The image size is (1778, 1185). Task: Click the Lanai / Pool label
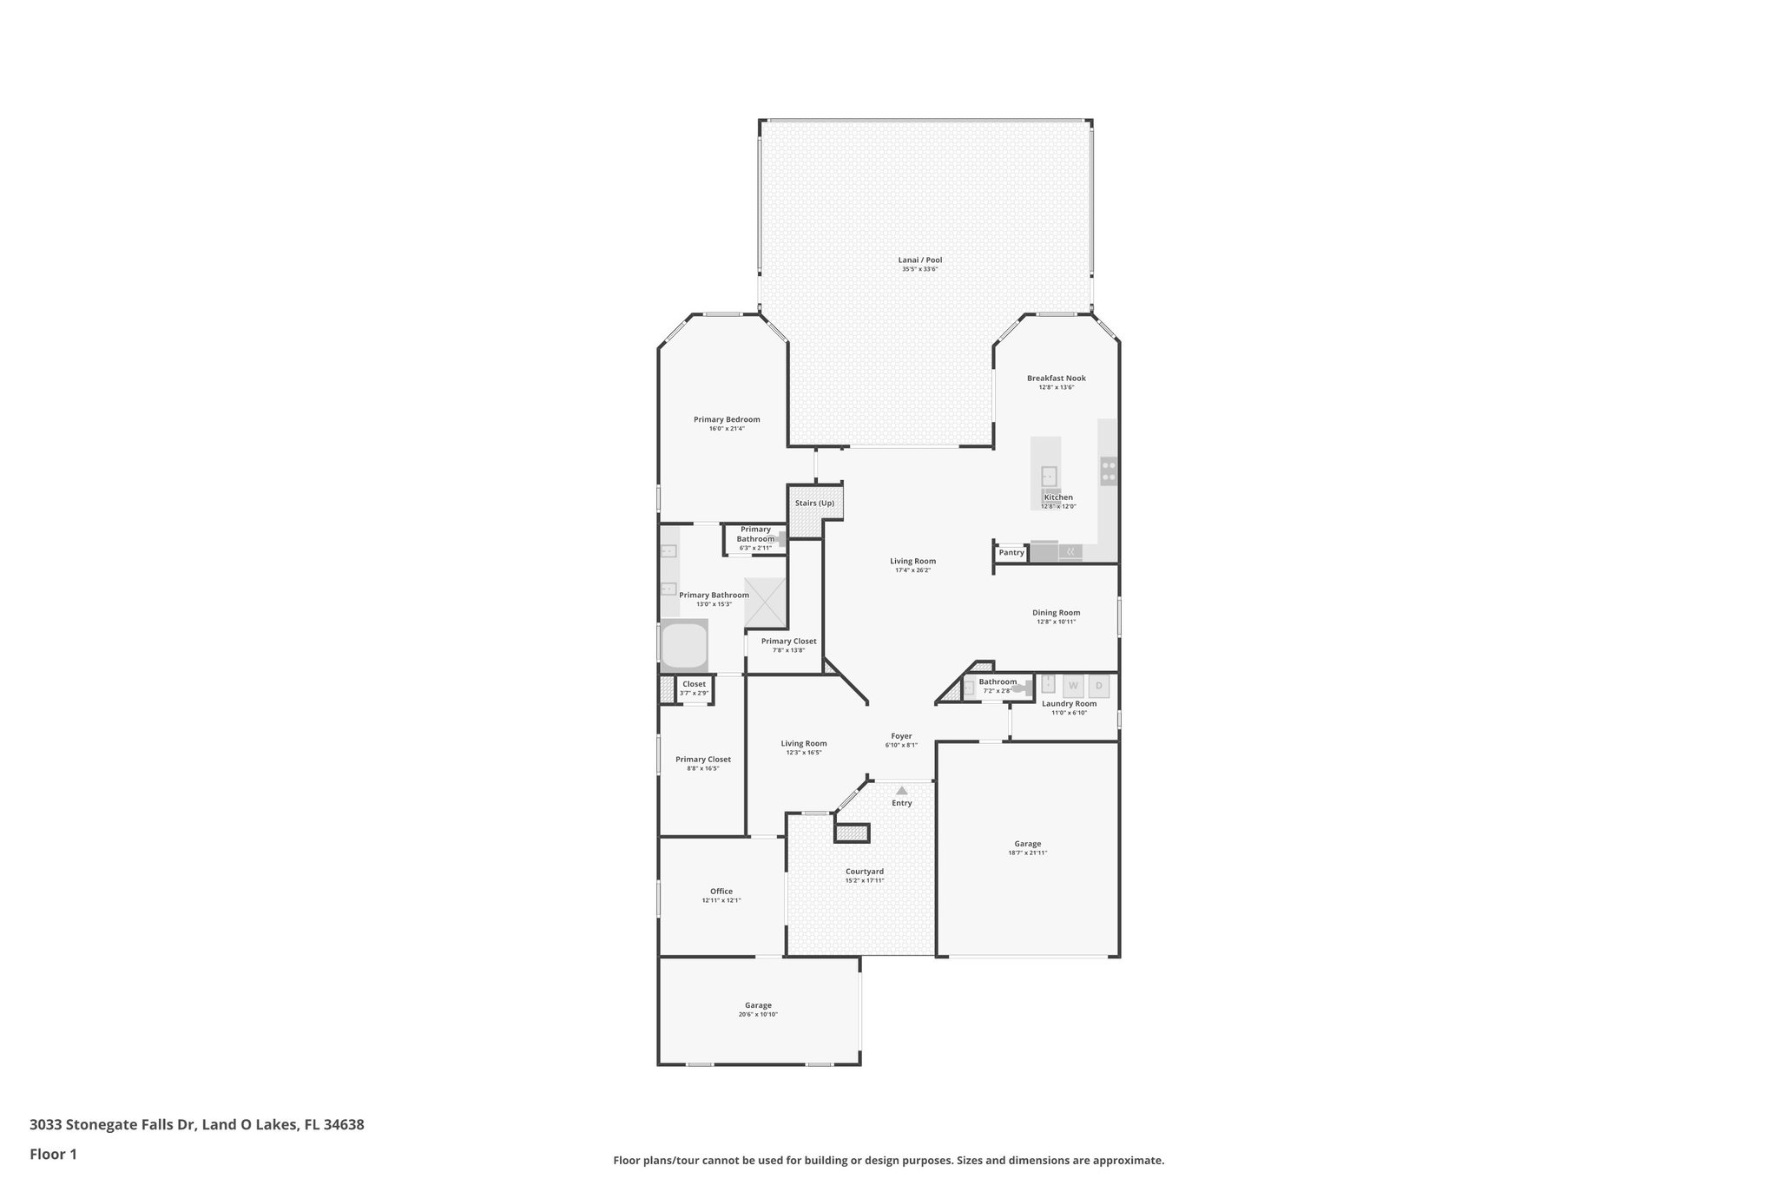tap(919, 260)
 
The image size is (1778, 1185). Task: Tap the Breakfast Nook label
tap(1056, 378)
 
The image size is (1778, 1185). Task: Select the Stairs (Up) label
tap(814, 504)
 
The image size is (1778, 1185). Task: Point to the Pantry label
tap(1011, 553)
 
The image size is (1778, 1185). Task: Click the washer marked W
tap(1073, 686)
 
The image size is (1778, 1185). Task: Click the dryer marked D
tap(1098, 686)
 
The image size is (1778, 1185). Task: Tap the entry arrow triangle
tap(901, 790)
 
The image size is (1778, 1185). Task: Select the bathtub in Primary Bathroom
tap(684, 646)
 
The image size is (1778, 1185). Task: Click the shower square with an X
tap(766, 602)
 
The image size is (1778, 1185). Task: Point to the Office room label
tap(721, 891)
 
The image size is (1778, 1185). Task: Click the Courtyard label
tap(864, 871)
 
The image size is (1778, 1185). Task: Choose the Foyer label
tap(900, 735)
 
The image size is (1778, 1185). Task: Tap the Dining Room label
tap(1056, 612)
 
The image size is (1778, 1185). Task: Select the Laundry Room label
tap(1069, 703)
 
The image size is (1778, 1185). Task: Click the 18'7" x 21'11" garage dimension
tap(1027, 853)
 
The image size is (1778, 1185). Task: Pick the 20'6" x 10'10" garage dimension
tap(758, 1014)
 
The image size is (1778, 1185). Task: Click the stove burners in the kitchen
tap(1109, 471)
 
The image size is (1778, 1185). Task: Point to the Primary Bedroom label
tap(726, 419)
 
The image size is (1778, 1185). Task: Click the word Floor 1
tap(53, 1154)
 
